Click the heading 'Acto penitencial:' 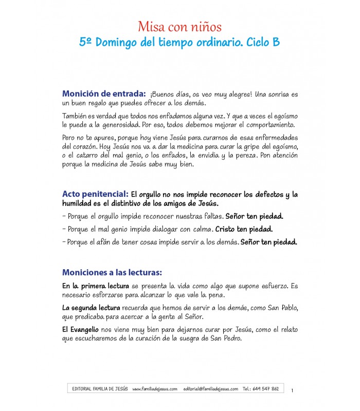click(95, 194)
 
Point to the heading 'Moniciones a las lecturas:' click(112, 272)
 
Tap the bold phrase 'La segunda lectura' click(91, 308)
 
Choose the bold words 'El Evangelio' click(81, 330)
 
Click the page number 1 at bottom click(292, 391)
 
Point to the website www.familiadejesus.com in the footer click(155, 389)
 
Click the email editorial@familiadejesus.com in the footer click(210, 389)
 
